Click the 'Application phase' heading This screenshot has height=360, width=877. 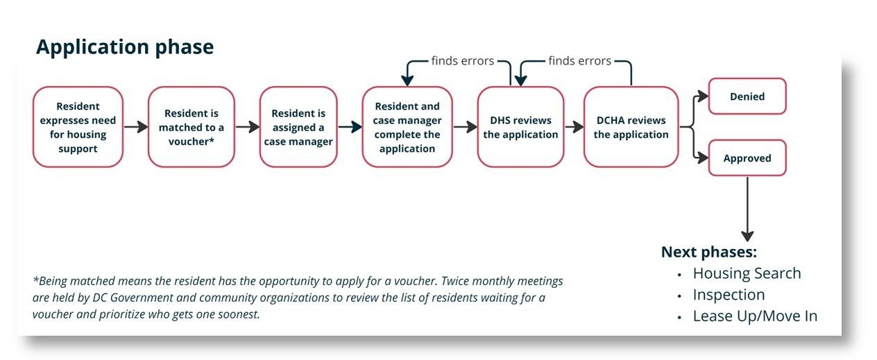(x=125, y=47)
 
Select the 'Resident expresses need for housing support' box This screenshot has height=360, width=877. (x=78, y=126)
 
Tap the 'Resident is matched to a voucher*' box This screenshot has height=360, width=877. (x=191, y=127)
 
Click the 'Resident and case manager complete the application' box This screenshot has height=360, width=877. (x=407, y=127)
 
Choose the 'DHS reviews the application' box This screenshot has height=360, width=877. (x=520, y=127)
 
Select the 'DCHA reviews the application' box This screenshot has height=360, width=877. (x=631, y=127)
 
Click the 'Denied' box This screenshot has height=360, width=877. (x=747, y=96)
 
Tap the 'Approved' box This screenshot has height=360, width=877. (x=747, y=158)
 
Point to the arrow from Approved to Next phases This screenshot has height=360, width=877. (x=747, y=208)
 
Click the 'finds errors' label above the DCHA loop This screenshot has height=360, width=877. (x=579, y=61)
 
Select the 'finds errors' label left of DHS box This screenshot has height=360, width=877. (x=462, y=61)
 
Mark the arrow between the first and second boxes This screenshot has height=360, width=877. (x=135, y=127)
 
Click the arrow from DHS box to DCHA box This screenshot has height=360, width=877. (x=573, y=127)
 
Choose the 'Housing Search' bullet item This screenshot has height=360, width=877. (x=747, y=273)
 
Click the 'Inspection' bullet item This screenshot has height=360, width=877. (x=729, y=295)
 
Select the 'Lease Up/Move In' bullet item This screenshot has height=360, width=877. (x=755, y=316)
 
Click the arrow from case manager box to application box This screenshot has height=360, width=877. (x=350, y=127)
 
